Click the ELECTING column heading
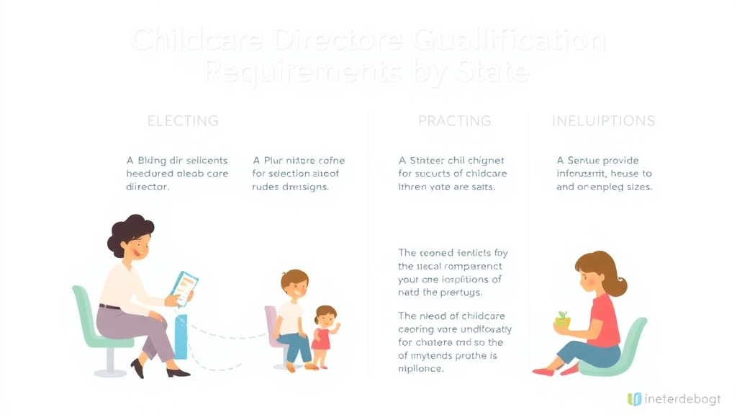tap(183, 120)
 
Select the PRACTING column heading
tap(454, 120)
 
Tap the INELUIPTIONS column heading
tap(603, 120)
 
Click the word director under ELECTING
tap(148, 187)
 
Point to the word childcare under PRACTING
tap(482, 174)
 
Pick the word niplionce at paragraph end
tap(421, 368)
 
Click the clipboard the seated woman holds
tap(184, 287)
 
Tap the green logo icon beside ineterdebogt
tap(634, 398)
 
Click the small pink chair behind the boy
tap(271, 328)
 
